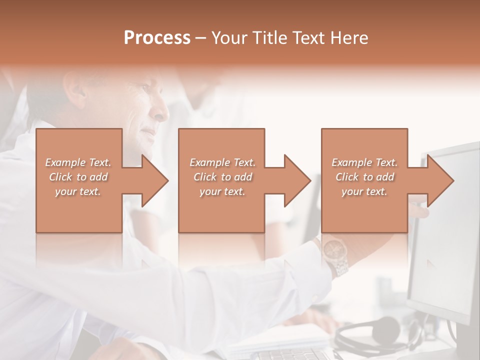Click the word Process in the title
pyautogui.click(x=157, y=37)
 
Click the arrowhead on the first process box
pyautogui.click(x=155, y=180)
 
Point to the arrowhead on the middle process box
pyautogui.click(x=297, y=180)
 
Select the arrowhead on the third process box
pyautogui.click(x=440, y=180)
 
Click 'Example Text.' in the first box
pyautogui.click(x=78, y=162)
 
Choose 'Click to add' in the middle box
pyautogui.click(x=222, y=177)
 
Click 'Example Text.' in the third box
pyautogui.click(x=364, y=162)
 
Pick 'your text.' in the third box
pyautogui.click(x=364, y=191)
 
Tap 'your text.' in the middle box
pyautogui.click(x=222, y=191)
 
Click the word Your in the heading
pyautogui.click(x=227, y=37)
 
